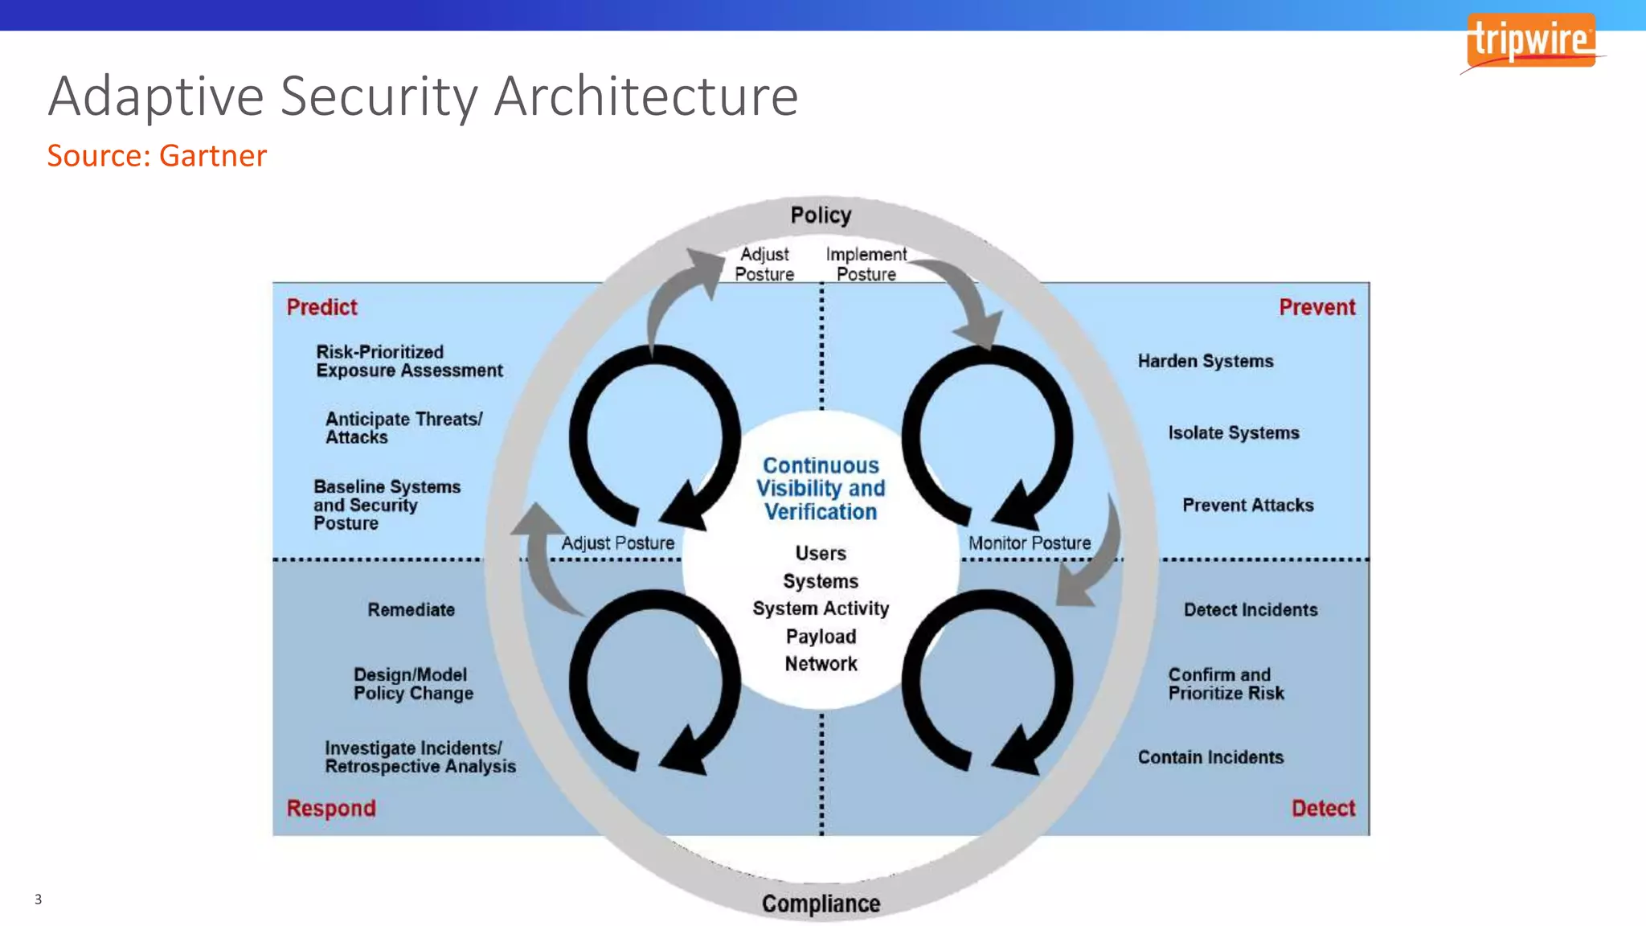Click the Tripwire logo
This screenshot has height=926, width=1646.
1530,41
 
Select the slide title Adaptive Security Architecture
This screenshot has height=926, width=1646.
423,96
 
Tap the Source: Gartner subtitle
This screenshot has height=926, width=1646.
157,156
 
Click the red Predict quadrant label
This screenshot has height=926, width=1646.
321,307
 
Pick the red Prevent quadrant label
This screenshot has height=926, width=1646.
1316,307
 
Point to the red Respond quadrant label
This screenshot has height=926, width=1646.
331,808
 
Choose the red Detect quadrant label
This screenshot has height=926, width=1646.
1323,808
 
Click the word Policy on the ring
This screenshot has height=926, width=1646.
821,215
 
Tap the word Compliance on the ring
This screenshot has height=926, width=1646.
821,903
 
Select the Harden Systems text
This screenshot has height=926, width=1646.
1205,361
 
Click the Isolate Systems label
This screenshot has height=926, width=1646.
1233,432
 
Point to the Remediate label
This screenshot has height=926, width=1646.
411,609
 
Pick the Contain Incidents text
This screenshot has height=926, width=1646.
1210,757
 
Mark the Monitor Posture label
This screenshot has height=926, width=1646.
1029,543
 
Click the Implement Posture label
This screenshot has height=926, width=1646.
866,264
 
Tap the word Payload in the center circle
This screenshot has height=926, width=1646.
821,637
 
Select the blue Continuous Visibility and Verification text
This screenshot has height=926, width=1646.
821,489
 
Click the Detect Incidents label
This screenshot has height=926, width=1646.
1250,609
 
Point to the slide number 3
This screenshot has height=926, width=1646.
38,899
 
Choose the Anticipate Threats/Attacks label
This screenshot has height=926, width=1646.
403,428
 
